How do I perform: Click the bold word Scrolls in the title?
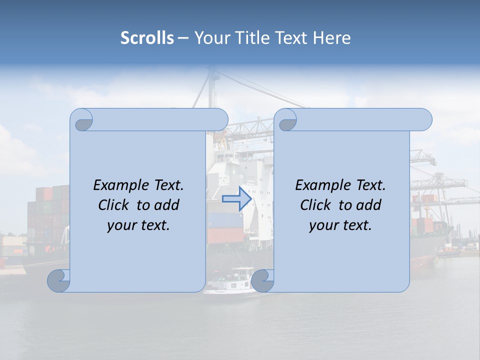(147, 38)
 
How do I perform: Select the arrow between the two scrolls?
(236, 199)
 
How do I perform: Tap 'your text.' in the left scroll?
(138, 225)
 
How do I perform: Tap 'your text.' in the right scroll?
(340, 225)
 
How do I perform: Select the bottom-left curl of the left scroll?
(58, 280)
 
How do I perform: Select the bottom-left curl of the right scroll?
(262, 280)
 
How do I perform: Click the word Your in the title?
(211, 38)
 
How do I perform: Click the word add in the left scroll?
(167, 205)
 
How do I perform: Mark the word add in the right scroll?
(369, 205)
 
